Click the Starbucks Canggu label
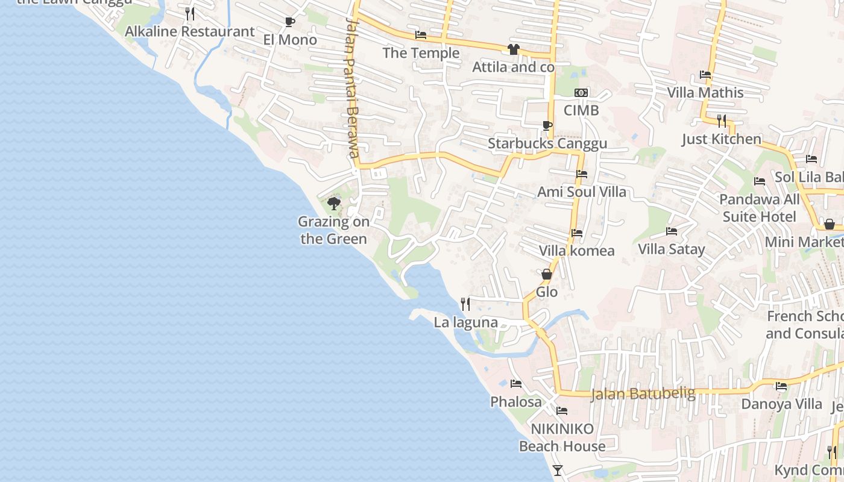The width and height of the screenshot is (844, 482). (x=547, y=143)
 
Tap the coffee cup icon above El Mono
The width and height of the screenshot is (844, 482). (x=290, y=22)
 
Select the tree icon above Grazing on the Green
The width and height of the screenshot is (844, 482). (x=333, y=204)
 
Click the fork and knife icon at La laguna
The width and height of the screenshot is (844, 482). (x=465, y=304)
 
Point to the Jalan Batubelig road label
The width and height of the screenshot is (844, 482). (x=643, y=394)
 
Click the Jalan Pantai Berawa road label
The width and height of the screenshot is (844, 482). (x=353, y=87)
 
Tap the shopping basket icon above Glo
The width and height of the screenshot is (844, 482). (x=547, y=274)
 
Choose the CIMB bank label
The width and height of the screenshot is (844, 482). (x=581, y=110)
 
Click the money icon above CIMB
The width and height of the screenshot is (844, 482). (x=581, y=93)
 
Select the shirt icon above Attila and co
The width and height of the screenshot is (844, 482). (x=514, y=49)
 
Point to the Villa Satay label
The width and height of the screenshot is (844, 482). (x=671, y=249)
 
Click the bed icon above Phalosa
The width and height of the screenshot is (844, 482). (x=516, y=383)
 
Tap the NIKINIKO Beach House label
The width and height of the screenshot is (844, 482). (x=562, y=437)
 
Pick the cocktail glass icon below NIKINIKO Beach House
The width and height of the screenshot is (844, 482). (x=558, y=470)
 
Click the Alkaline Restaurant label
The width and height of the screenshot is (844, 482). (x=189, y=31)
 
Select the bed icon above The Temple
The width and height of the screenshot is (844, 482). (x=421, y=35)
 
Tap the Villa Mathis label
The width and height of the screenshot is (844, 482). (x=705, y=92)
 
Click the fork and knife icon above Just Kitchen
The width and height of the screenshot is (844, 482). (x=722, y=121)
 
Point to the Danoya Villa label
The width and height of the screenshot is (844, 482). (x=781, y=404)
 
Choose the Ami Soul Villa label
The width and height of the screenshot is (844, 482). (x=582, y=192)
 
